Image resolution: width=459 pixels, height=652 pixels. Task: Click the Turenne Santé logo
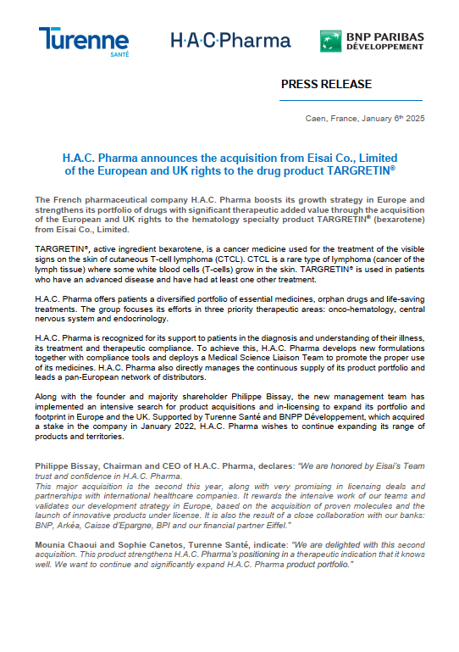[83, 42]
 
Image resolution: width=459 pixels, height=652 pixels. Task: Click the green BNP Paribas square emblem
[330, 41]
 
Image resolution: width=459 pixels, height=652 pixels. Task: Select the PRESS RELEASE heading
[325, 84]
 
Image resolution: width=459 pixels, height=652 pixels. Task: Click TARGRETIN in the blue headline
[360, 170]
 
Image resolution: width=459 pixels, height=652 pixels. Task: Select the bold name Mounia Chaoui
[64, 543]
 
